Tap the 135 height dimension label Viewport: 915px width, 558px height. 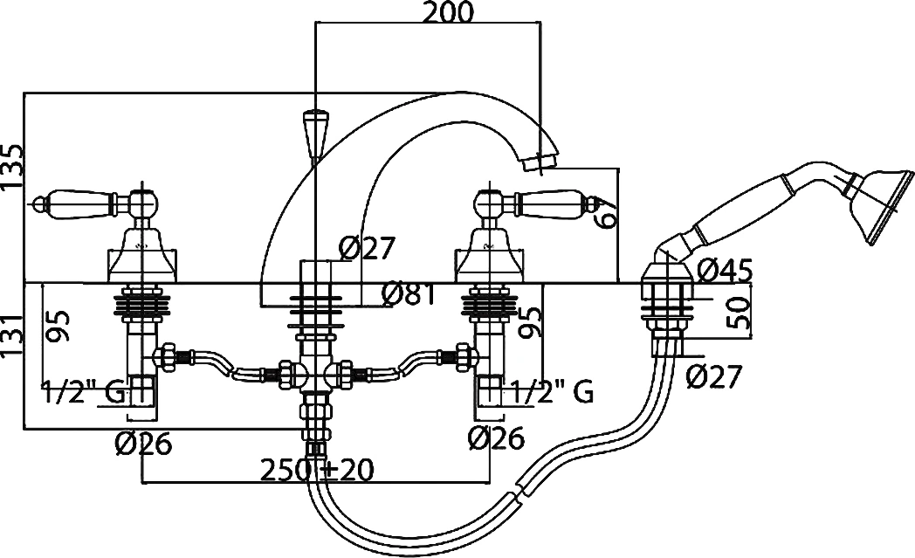click(x=13, y=167)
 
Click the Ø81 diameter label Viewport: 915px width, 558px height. click(x=409, y=294)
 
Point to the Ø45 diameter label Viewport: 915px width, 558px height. click(x=725, y=270)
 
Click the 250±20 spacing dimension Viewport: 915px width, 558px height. click(x=316, y=470)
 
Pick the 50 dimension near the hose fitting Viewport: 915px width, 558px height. click(x=739, y=313)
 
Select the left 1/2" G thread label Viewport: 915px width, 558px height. click(x=83, y=392)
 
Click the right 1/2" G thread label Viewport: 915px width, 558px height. click(x=552, y=392)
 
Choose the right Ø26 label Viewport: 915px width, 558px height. click(x=497, y=438)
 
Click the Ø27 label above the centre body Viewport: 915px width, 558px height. click(x=367, y=249)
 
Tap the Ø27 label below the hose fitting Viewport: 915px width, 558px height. click(x=713, y=376)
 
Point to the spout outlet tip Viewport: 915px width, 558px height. click(x=540, y=162)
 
